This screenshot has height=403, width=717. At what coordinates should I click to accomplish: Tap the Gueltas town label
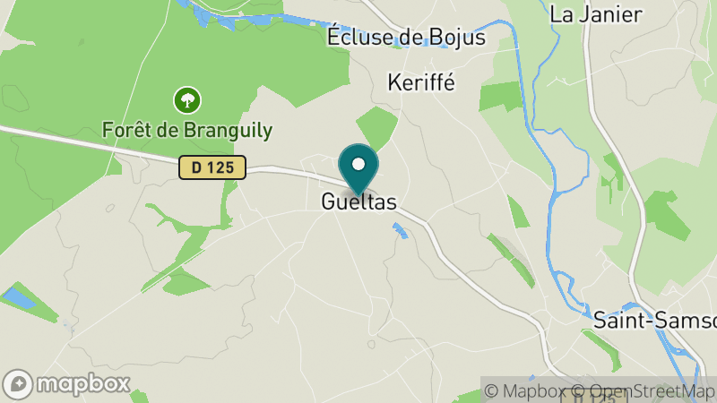[358, 203]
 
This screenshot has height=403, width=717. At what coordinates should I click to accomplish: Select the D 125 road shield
[212, 167]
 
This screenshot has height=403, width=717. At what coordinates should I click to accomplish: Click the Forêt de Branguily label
[187, 130]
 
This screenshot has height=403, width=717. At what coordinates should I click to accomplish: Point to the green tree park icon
[186, 99]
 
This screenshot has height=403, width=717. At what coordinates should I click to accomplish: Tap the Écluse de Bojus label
[406, 38]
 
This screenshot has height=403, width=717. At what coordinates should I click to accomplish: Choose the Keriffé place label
[421, 82]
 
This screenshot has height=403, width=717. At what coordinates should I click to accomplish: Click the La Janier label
[595, 14]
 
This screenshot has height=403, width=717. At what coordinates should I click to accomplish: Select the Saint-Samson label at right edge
[654, 321]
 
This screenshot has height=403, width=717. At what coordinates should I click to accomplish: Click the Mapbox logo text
[82, 384]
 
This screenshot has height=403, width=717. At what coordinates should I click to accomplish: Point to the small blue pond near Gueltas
[400, 231]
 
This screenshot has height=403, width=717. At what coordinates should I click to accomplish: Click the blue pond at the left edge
[18, 298]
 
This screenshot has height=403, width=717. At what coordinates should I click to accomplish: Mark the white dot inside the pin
[358, 164]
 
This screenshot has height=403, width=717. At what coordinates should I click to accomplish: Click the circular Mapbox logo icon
[19, 384]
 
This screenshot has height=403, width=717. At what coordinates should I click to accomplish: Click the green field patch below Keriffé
[376, 126]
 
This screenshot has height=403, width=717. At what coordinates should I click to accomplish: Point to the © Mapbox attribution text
[529, 391]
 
